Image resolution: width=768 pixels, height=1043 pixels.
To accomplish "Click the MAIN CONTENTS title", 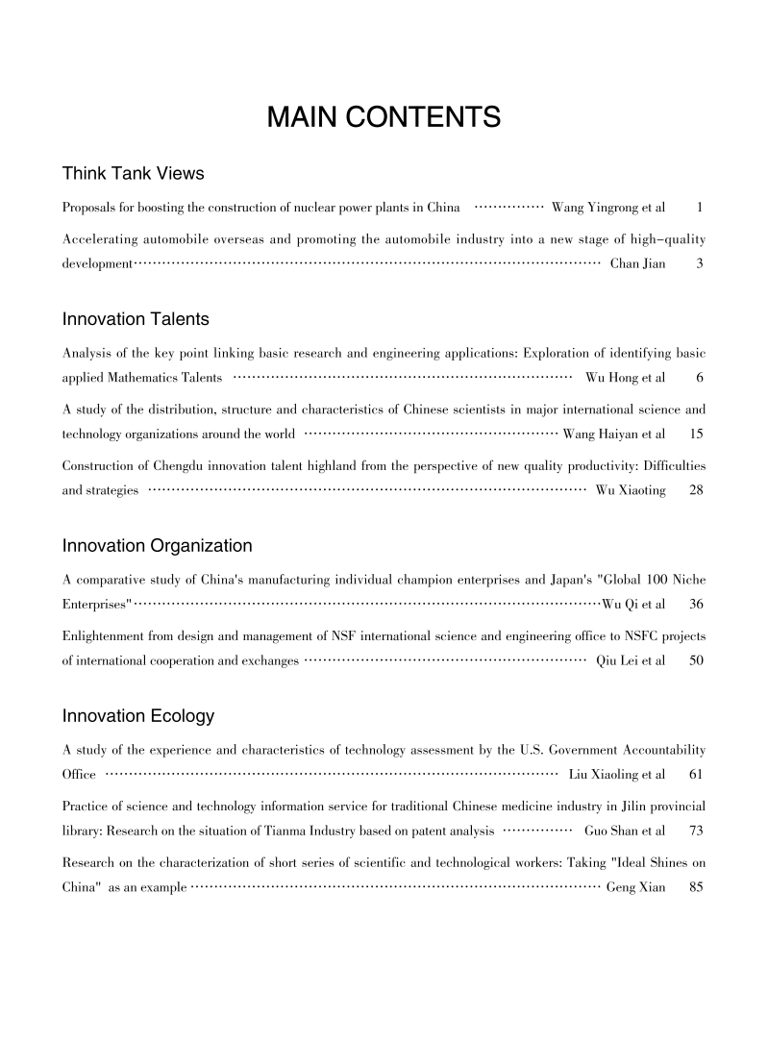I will coord(384,118).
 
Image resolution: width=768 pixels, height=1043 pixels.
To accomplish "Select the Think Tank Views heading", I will coord(133,174).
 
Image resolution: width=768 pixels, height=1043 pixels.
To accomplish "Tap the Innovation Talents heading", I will coord(136,319).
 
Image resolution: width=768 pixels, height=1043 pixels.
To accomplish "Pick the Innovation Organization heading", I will coord(157,547).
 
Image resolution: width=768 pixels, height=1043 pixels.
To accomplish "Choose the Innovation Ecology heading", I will coord(137,717).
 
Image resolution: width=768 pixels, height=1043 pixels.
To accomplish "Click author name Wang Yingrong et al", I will coord(608,208).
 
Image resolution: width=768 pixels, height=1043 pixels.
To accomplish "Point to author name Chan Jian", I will coord(637,263).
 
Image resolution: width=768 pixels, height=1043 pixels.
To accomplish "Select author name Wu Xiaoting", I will coord(631,491).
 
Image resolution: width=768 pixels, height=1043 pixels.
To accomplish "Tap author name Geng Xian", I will coord(635,888).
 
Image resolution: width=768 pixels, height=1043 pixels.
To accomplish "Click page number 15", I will coord(698,435).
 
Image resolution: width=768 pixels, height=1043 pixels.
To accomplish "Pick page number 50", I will coord(698,661).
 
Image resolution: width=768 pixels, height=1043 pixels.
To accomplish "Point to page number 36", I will coord(698,605).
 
